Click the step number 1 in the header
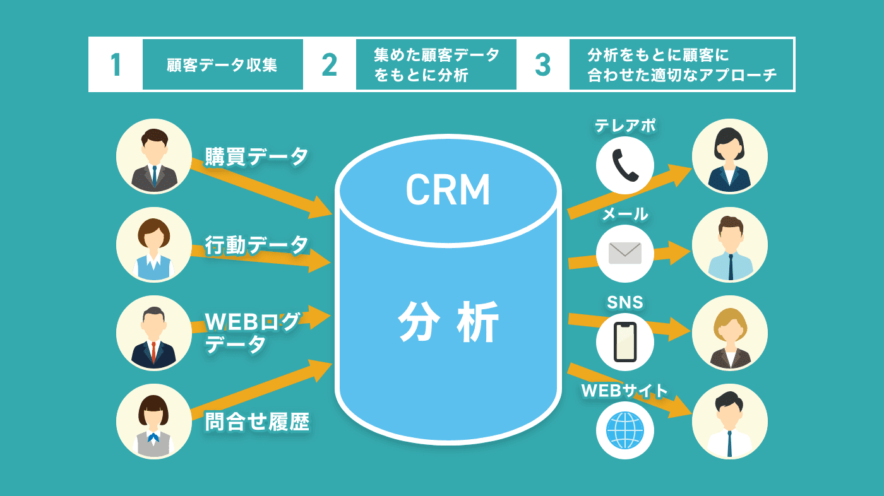coord(116,64)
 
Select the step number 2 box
coord(329,64)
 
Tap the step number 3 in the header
coord(542,64)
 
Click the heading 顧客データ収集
coord(222,65)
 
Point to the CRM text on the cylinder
coord(448,190)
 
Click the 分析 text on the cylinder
coord(448,321)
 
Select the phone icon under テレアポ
coord(625,165)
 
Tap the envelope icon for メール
coord(625,253)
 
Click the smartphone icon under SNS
coord(625,341)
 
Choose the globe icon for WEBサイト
coord(625,430)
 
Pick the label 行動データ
coord(256,244)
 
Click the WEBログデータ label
coord(252,333)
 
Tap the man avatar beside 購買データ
coord(154,156)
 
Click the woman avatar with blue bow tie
coord(154,421)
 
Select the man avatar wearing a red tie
coord(154,333)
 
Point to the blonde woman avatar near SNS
coord(729,333)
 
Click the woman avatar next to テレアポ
coord(729,156)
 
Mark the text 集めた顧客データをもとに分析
coord(436,64)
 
